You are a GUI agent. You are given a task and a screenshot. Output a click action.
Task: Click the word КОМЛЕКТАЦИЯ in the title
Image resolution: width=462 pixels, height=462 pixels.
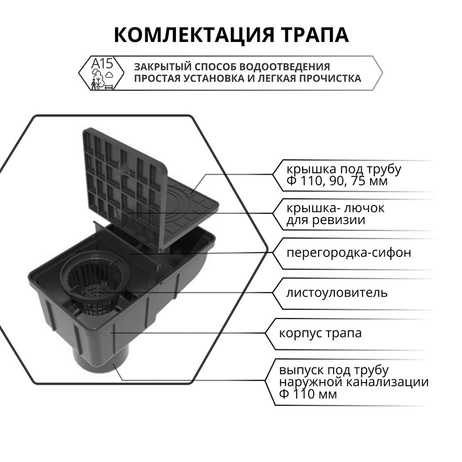(194, 35)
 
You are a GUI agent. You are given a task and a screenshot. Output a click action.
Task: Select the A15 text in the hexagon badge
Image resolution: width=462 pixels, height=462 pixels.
(102, 63)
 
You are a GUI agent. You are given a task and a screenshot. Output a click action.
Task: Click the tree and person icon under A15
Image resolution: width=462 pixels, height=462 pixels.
(97, 79)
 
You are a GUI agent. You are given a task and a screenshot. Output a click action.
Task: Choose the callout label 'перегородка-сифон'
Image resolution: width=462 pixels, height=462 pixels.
(348, 253)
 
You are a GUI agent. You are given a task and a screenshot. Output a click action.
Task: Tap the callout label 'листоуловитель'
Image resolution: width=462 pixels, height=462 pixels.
(336, 293)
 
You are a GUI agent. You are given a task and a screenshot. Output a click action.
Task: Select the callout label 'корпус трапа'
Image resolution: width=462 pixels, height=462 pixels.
(320, 333)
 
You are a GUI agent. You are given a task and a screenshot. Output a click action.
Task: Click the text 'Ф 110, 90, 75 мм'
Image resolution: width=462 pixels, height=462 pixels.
(337, 181)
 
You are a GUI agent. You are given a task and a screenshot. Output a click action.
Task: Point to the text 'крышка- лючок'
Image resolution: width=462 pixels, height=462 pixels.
(335, 208)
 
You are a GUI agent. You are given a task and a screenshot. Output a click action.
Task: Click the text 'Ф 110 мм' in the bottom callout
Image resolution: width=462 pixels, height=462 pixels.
(308, 394)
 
